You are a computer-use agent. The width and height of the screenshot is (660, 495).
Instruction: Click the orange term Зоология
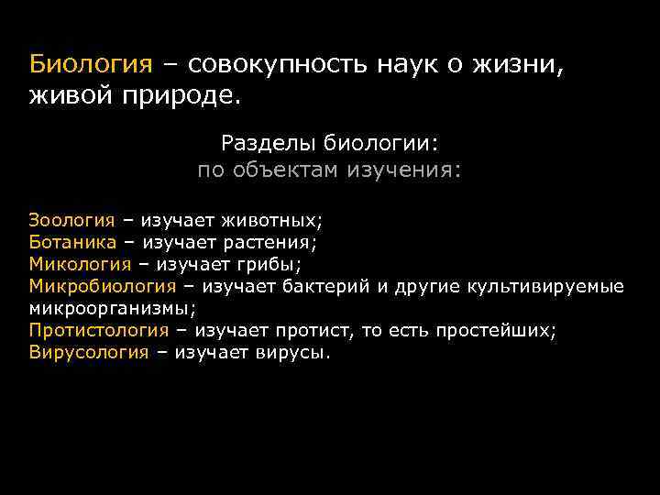pyautogui.click(x=71, y=220)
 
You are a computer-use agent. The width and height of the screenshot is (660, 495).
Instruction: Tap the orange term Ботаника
pyautogui.click(x=72, y=242)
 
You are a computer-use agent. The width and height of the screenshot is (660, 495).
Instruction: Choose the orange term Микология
pyautogui.click(x=80, y=264)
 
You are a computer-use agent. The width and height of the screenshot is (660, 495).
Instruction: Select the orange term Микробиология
pyautogui.click(x=102, y=286)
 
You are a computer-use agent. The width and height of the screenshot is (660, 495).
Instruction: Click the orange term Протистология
pyautogui.click(x=98, y=330)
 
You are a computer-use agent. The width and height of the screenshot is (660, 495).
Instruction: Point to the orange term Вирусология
pyautogui.click(x=88, y=352)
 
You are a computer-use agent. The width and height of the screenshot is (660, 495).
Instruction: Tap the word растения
pyautogui.click(x=272, y=242)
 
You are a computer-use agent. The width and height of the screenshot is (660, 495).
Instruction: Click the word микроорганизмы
pyautogui.click(x=111, y=308)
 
